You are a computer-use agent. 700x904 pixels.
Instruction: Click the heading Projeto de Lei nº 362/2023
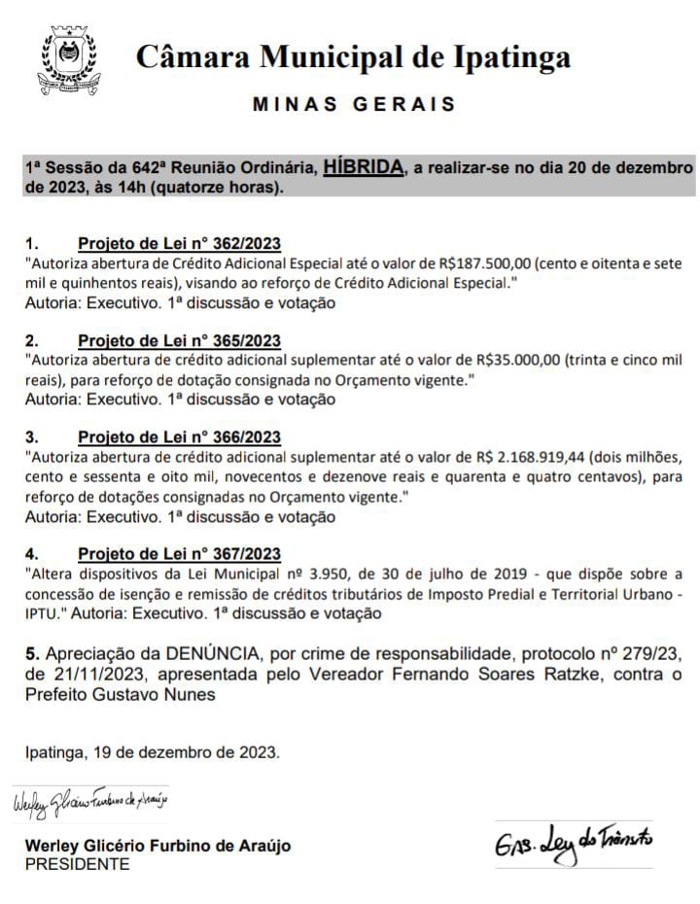(179, 243)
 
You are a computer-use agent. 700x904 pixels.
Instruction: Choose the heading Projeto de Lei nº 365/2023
(179, 340)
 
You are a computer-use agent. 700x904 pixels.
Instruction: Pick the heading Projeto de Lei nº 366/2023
(179, 437)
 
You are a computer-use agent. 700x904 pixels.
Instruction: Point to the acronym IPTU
(44, 614)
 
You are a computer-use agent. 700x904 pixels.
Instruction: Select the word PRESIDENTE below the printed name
(77, 864)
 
